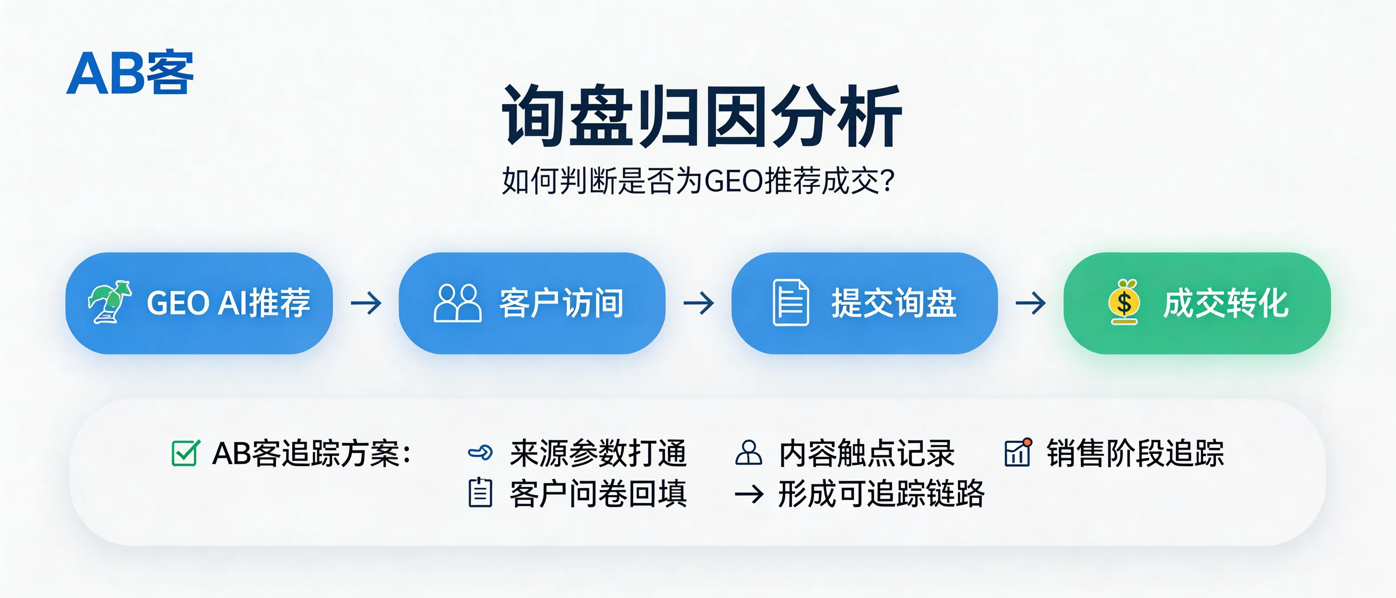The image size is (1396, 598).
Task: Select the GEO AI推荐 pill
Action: [199, 303]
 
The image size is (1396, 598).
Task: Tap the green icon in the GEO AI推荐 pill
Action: [110, 302]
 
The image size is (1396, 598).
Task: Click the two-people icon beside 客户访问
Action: [457, 303]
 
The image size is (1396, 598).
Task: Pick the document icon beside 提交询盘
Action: [790, 302]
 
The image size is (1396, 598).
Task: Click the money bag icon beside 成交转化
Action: [1124, 302]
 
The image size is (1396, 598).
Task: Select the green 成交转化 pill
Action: [1197, 303]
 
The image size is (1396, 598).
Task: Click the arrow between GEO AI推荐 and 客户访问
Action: [366, 303]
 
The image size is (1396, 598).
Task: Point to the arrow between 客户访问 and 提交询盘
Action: [698, 303]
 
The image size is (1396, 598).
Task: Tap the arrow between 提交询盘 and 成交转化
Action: [1030, 303]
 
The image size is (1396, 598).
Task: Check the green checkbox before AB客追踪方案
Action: [185, 453]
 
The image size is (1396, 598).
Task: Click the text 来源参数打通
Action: [598, 453]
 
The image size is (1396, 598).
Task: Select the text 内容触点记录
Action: [866, 453]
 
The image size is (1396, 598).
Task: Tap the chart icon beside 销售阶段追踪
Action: [1018, 453]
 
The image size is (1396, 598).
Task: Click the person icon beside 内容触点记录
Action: [748, 453]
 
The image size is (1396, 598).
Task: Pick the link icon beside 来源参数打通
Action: [480, 453]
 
